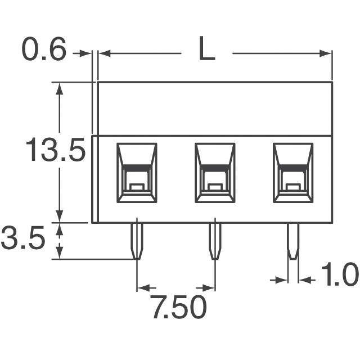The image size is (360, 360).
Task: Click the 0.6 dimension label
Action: pos(44,51)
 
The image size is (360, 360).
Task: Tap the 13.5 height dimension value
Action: pos(55,151)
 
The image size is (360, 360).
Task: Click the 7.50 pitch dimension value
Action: pos(178,308)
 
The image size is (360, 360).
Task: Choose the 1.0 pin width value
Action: pos(339,276)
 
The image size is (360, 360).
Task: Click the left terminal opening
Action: pos(137,173)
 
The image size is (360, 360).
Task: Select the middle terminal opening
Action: pos(214,173)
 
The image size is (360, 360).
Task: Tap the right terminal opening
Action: pos(292,173)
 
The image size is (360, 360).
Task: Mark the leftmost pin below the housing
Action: pos(137,241)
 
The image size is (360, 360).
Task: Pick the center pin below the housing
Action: pos(214,241)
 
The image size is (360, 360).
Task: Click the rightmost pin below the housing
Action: pos(292,241)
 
